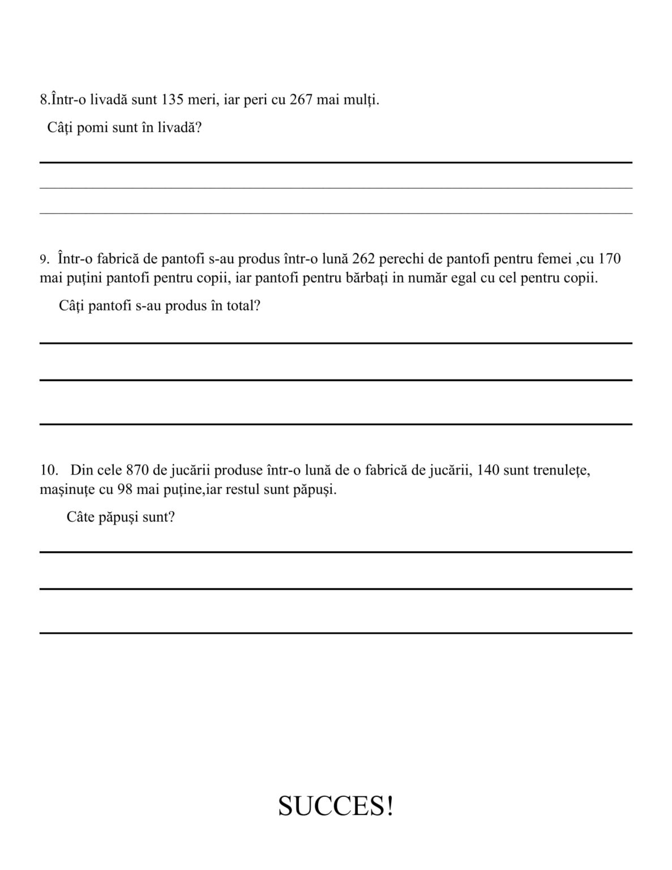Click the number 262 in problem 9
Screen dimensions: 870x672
pos(363,259)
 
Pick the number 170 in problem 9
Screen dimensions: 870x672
pos(609,259)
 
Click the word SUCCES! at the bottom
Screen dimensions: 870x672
pos(336,805)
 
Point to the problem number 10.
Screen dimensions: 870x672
pos(49,470)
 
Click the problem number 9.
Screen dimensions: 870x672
pos(44,260)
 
